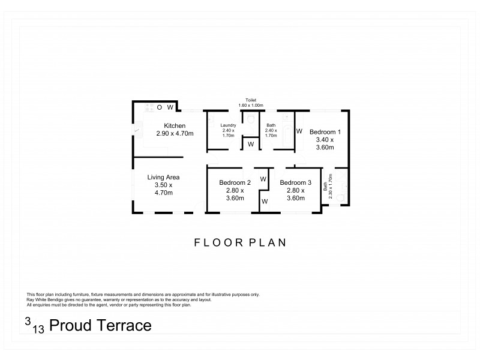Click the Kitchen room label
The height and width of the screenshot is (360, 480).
(175, 125)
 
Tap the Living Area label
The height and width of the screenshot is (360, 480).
(164, 177)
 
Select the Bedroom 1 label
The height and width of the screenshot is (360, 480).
(325, 131)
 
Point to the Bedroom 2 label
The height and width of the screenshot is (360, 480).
(235, 182)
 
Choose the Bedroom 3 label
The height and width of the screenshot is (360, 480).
(295, 182)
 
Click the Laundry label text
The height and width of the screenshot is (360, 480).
(227, 125)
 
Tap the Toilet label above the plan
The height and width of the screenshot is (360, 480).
(251, 100)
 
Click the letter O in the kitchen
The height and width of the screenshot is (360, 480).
(160, 107)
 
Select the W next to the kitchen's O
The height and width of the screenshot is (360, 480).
(170, 107)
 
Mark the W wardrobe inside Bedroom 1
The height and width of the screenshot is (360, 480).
(299, 130)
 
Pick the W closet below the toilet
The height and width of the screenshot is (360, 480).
(251, 144)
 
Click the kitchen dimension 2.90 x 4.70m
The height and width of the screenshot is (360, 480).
(175, 133)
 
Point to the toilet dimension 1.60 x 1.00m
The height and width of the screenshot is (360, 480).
(251, 106)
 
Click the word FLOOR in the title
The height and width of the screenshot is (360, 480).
(215, 243)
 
